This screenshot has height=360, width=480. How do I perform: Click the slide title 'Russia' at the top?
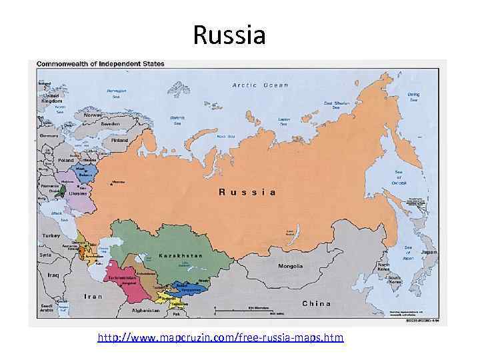pyautogui.click(x=229, y=35)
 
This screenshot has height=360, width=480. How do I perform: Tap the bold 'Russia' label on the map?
pyautogui.click(x=247, y=192)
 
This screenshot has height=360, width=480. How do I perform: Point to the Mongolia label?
pyautogui.click(x=290, y=266)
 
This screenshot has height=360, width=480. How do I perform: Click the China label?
pyautogui.click(x=316, y=303)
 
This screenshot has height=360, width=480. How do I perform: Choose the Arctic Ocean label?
pyautogui.click(x=260, y=85)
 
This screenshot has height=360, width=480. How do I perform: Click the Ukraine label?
pyautogui.click(x=77, y=194)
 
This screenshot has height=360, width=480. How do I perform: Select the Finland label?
pyautogui.click(x=119, y=141)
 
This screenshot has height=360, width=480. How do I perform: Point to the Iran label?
pyautogui.click(x=93, y=296)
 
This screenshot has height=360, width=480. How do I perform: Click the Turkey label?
pyautogui.click(x=51, y=236)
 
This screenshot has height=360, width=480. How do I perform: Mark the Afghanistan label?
pyautogui.click(x=146, y=310)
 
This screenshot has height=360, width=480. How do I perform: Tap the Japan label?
pyautogui.click(x=429, y=253)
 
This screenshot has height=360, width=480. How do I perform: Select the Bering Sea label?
pyautogui.click(x=413, y=97)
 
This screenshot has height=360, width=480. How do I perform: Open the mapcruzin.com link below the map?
pyautogui.click(x=221, y=338)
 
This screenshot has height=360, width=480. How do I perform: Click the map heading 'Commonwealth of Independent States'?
pyautogui.click(x=100, y=64)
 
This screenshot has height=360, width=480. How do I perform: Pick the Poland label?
pyautogui.click(x=66, y=161)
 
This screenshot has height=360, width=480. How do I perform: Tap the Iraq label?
pyautogui.click(x=53, y=275)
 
